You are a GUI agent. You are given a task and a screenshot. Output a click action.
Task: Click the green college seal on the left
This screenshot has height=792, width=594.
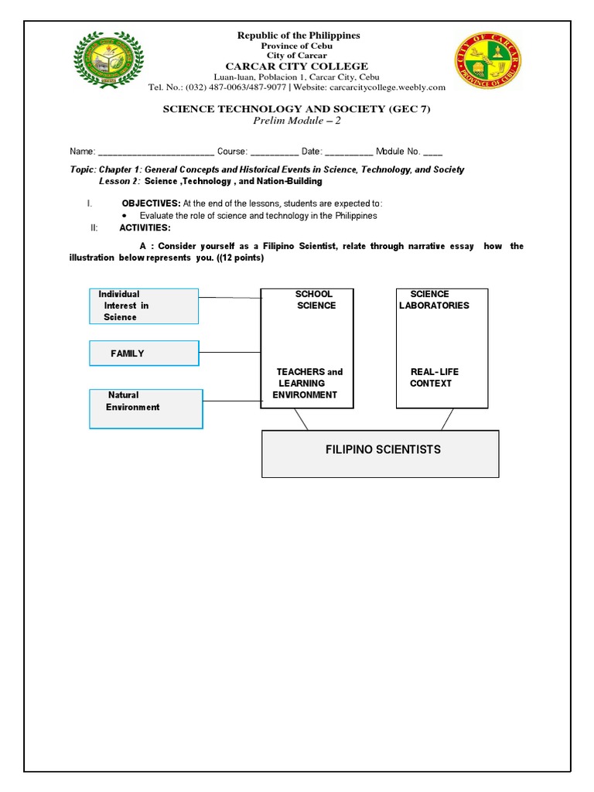pyautogui.click(x=108, y=61)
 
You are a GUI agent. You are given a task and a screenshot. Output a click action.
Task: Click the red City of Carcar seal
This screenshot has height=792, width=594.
pyautogui.click(x=486, y=61)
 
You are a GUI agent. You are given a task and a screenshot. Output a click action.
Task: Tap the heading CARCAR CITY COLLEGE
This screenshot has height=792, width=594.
pyautogui.click(x=297, y=67)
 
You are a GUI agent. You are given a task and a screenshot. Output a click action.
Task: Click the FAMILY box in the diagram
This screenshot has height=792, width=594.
pyautogui.click(x=144, y=353)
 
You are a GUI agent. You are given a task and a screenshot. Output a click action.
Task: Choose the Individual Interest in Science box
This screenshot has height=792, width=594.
pyautogui.click(x=144, y=306)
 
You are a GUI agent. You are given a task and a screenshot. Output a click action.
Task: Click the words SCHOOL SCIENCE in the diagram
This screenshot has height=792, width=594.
pyautogui.click(x=315, y=299)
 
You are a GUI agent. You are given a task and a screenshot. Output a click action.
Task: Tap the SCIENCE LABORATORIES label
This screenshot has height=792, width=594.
pyautogui.click(x=433, y=299)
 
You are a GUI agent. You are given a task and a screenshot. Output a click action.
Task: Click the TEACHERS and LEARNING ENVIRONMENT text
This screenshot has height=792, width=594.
pyautogui.click(x=307, y=383)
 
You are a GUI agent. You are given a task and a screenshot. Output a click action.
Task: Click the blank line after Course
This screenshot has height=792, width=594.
pyautogui.click(x=274, y=152)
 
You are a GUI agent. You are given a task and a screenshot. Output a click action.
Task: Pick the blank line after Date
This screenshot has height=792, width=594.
pyautogui.click(x=349, y=152)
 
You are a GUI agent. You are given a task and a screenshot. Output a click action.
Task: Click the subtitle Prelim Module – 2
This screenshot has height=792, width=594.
pyautogui.click(x=297, y=121)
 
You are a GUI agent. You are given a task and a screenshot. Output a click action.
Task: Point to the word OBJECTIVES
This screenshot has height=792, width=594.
pyautogui.click(x=151, y=203)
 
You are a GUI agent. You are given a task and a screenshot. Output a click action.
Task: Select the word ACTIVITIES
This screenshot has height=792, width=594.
pyautogui.click(x=145, y=227)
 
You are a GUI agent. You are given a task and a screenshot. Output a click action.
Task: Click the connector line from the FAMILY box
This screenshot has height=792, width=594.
pyautogui.click(x=230, y=353)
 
